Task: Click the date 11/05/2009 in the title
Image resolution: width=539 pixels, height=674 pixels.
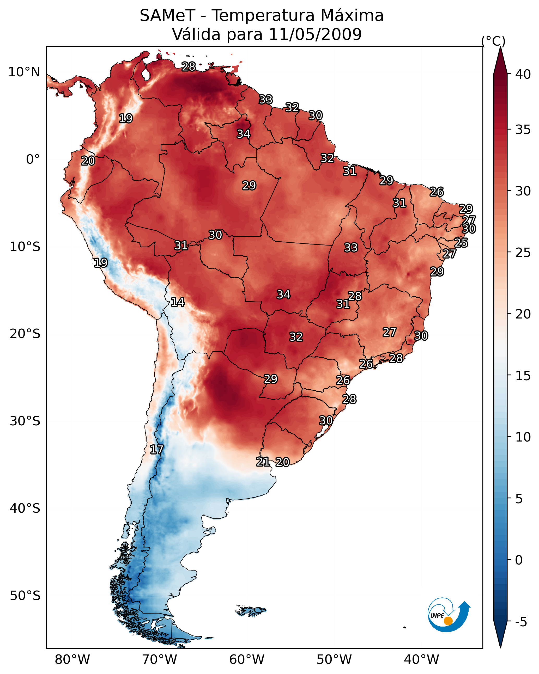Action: pos(315,34)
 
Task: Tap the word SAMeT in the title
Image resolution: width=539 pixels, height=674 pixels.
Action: pos(167,16)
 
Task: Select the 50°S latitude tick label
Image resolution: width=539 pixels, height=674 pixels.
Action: pos(25,596)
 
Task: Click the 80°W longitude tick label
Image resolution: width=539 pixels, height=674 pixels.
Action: pos(72,659)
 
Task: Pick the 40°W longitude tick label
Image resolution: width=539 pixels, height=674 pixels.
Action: pos(421,659)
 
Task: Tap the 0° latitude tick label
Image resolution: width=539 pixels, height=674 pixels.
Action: pos(33,160)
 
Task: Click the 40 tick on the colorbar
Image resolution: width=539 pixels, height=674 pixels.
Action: pos(523,74)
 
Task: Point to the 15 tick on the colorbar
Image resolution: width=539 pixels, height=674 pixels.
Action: pos(523,376)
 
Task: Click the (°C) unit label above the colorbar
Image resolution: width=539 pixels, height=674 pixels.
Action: pos(493,41)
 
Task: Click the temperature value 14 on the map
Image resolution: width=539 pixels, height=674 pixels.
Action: pos(178,302)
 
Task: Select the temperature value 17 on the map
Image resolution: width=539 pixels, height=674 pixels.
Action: pos(156,450)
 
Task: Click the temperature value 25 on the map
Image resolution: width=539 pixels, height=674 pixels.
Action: pos(461,243)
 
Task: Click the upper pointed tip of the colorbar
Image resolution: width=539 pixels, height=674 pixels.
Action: pos(500,47)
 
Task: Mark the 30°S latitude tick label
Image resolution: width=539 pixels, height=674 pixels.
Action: pos(25,421)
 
